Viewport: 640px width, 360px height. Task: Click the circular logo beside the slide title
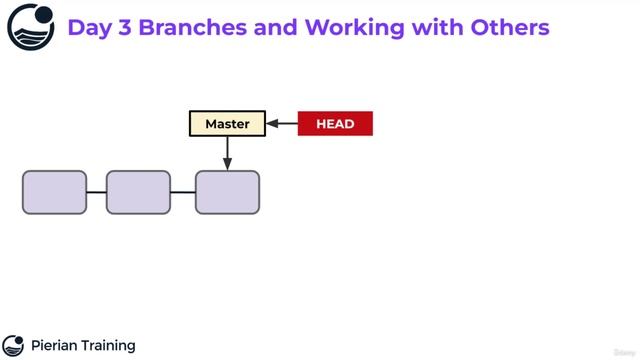pyautogui.click(x=31, y=27)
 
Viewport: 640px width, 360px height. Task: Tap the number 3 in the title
pyautogui.click(x=124, y=27)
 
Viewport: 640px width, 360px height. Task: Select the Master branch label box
pyautogui.click(x=227, y=124)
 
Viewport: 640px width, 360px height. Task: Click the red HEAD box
pyautogui.click(x=335, y=124)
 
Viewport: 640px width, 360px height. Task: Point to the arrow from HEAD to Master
pyautogui.click(x=282, y=124)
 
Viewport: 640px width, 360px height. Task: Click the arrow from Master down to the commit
pyautogui.click(x=227, y=153)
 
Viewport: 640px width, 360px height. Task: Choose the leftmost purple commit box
pyautogui.click(x=55, y=192)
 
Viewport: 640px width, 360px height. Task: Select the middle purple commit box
pyautogui.click(x=138, y=192)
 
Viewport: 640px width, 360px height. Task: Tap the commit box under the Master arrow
pyautogui.click(x=227, y=192)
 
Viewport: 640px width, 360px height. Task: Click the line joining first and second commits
pyautogui.click(x=96, y=192)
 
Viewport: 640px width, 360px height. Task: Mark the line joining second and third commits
pyautogui.click(x=182, y=192)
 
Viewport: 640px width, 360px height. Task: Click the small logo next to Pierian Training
pyautogui.click(x=13, y=346)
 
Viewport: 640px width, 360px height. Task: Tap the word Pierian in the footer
pyautogui.click(x=56, y=346)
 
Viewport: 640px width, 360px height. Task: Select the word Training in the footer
pyautogui.click(x=109, y=346)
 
